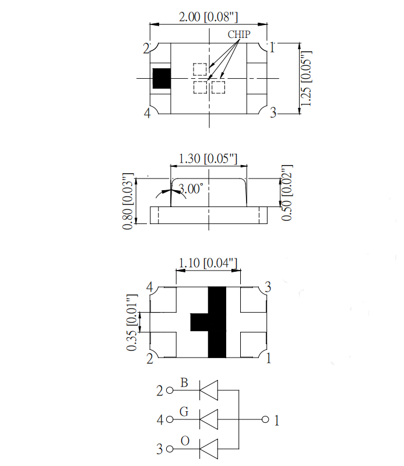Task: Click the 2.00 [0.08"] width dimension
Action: point(208,17)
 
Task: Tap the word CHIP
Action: point(239,34)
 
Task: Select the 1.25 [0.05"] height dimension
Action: point(306,79)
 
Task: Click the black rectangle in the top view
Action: point(161,79)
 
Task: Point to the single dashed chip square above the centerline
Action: point(199,69)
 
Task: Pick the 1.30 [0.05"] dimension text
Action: point(208,159)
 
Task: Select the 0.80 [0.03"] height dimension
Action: point(128,201)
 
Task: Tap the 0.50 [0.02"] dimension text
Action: point(287,193)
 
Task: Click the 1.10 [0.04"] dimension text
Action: point(208,263)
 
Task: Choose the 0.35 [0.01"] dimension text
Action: point(132,323)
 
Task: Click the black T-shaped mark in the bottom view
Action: point(208,322)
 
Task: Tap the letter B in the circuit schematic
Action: point(184,383)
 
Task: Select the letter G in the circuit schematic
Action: point(184,412)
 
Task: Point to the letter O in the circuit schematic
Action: point(185,441)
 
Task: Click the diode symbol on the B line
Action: point(209,390)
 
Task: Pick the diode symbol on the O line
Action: point(209,449)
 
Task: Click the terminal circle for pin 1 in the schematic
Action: point(265,420)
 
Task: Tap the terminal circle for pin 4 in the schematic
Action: point(170,420)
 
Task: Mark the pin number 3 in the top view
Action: point(273,113)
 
